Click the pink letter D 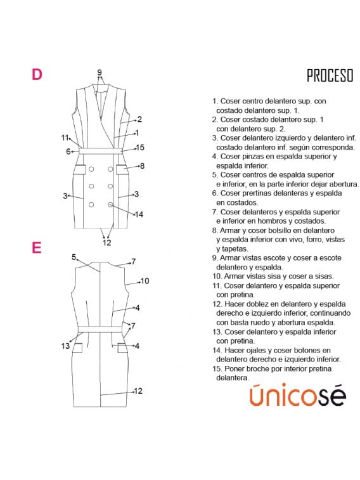[x=37, y=74]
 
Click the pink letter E [x=36, y=247]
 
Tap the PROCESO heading [x=330, y=75]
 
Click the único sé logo [x=297, y=395]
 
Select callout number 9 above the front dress [x=100, y=72]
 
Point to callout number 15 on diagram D [x=140, y=148]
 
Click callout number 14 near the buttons [x=139, y=214]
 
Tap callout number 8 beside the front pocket [x=142, y=166]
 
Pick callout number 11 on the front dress [x=65, y=138]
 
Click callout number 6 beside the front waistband [x=68, y=152]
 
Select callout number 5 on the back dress [x=74, y=257]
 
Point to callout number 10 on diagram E [x=145, y=281]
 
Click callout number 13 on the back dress [x=65, y=346]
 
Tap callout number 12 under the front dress [x=106, y=243]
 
